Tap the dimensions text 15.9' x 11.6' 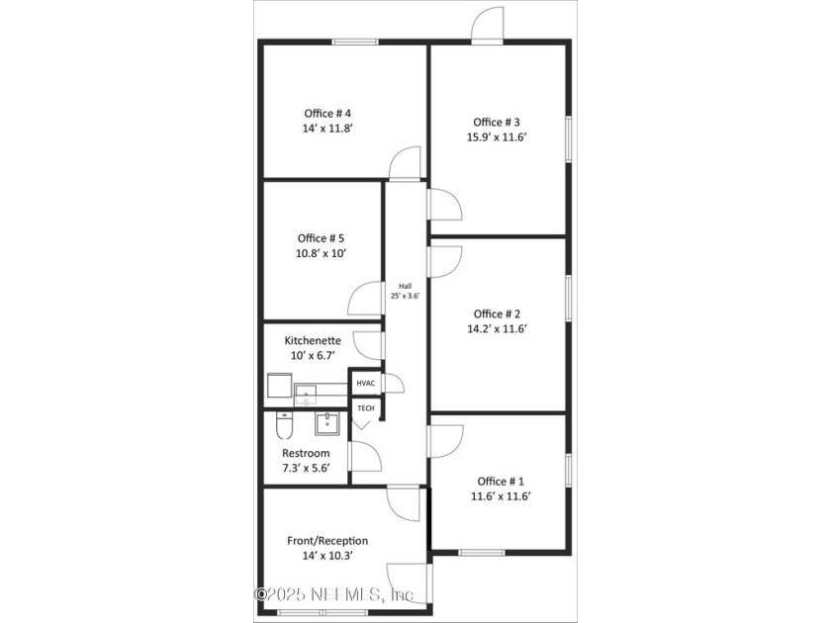503,137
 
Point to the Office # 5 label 321,237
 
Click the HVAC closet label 366,383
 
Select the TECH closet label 365,407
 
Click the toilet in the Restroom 283,427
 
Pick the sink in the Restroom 327,424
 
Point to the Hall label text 404,285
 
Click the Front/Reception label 327,540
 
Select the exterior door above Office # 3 489,27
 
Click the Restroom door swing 368,456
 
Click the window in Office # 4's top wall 355,42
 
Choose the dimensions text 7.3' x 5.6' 307,469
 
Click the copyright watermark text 335,594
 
